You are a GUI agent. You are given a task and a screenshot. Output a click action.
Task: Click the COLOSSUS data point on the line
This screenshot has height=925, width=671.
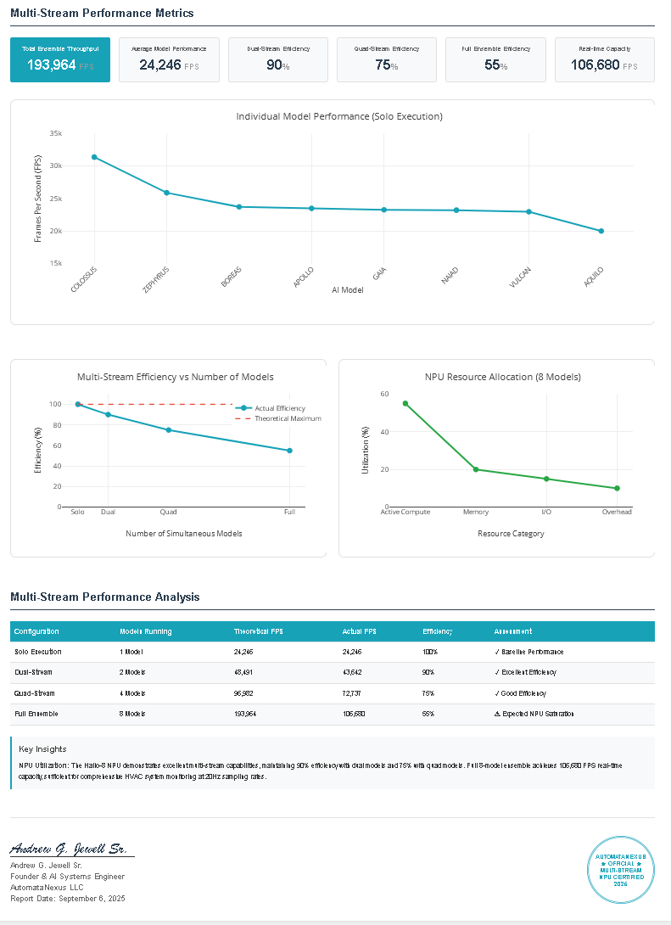click(94, 157)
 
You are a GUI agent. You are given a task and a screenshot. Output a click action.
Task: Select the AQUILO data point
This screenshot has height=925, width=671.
click(601, 231)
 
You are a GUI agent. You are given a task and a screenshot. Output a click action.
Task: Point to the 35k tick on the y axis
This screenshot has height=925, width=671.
click(55, 133)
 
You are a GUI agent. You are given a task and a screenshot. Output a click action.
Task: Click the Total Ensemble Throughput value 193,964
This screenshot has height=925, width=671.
click(52, 64)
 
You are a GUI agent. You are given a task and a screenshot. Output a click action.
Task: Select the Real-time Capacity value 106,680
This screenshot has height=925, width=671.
click(596, 64)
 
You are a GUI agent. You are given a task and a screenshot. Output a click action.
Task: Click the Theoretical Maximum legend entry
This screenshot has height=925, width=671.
click(288, 418)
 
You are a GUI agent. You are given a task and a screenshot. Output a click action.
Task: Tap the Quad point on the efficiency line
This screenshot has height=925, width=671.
click(169, 430)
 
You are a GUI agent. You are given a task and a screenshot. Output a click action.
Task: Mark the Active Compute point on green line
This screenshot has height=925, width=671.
click(405, 403)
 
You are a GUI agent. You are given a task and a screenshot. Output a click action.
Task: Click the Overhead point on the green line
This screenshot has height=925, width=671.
click(617, 488)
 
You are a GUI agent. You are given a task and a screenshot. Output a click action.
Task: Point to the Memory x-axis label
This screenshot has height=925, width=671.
click(475, 513)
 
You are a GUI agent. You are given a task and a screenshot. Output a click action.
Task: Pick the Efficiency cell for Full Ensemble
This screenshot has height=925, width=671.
click(428, 714)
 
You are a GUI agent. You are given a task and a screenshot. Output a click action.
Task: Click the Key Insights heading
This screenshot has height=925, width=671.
click(42, 749)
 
